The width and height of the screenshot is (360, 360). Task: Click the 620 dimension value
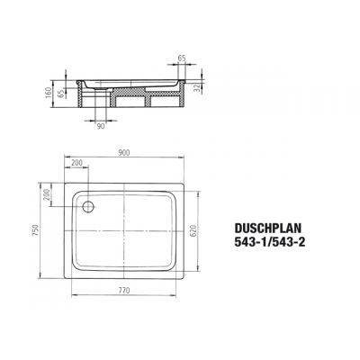205,233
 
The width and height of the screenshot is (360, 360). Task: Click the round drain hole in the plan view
87,207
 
